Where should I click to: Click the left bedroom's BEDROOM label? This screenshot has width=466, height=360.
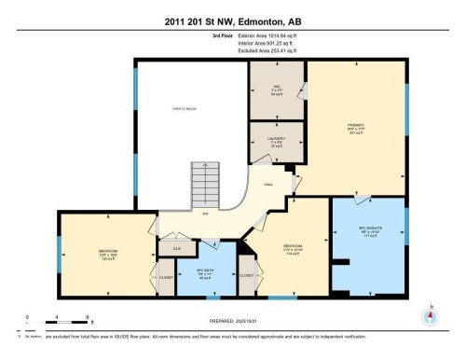pyautogui.click(x=107, y=253)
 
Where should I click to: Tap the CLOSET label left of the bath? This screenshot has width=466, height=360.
pyautogui.click(x=165, y=277)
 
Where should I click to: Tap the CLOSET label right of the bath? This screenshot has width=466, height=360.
pyautogui.click(x=247, y=276)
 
